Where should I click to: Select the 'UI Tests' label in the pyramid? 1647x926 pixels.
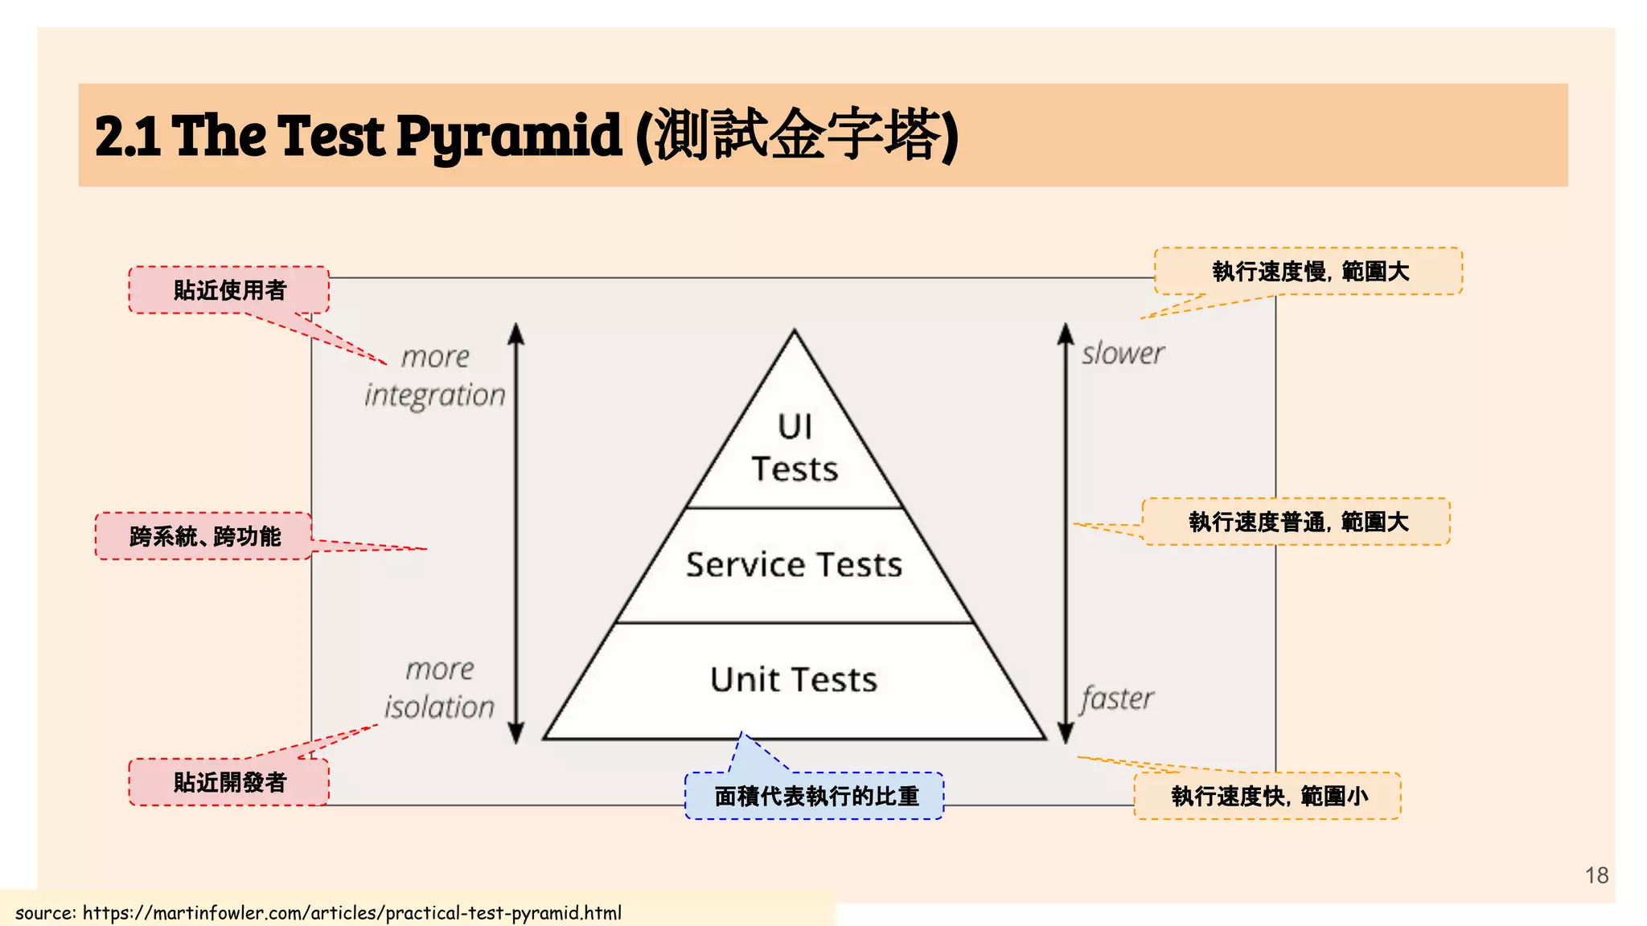click(x=795, y=448)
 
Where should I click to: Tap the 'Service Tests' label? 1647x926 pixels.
click(x=794, y=564)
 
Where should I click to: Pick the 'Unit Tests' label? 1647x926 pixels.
click(x=794, y=680)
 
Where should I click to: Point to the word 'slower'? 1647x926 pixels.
click(x=1123, y=354)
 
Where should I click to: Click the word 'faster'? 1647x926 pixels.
click(x=1117, y=699)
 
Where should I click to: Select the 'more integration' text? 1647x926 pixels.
click(x=435, y=376)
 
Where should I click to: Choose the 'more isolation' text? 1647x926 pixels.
click(x=439, y=688)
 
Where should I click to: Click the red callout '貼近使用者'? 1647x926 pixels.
click(x=229, y=290)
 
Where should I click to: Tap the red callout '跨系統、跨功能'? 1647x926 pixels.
click(x=204, y=536)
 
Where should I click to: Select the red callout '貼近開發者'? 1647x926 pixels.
click(x=229, y=782)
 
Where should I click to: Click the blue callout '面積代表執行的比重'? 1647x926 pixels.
click(x=815, y=796)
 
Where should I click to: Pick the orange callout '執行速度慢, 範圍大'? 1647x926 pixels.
click(x=1309, y=272)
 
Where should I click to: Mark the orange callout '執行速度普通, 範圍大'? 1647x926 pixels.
click(x=1297, y=522)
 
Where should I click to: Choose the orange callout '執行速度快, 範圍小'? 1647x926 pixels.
click(x=1268, y=796)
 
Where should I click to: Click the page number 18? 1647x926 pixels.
click(x=1596, y=875)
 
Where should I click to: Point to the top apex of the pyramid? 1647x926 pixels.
click(x=795, y=332)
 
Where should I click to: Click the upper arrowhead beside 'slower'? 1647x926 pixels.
click(x=1066, y=332)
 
